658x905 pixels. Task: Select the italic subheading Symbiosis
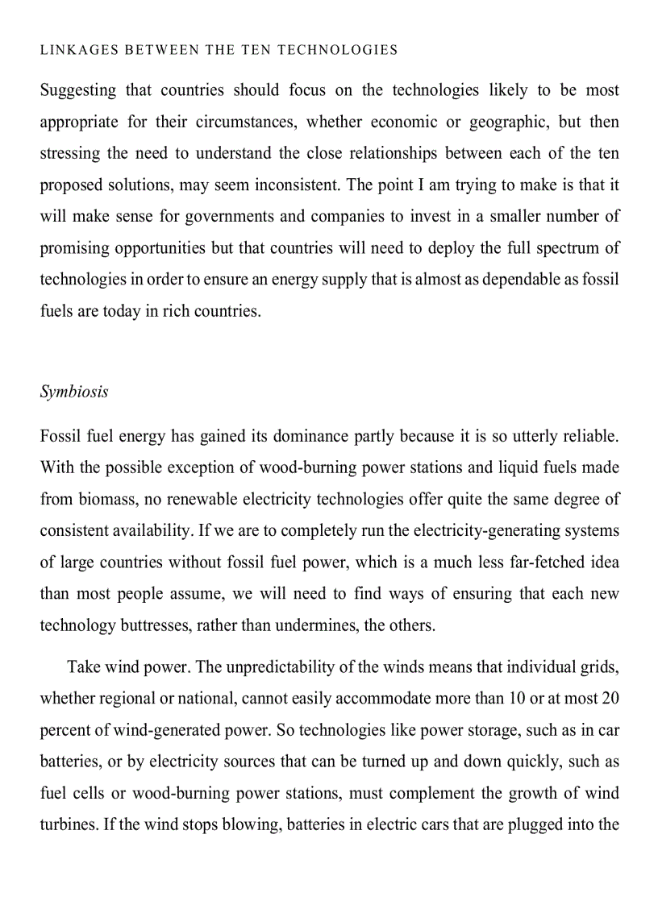pyautogui.click(x=74, y=392)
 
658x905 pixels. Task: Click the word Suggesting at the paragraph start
pyautogui.click(x=77, y=90)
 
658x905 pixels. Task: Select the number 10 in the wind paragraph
pyautogui.click(x=515, y=699)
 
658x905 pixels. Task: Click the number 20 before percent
pyautogui.click(x=610, y=699)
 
